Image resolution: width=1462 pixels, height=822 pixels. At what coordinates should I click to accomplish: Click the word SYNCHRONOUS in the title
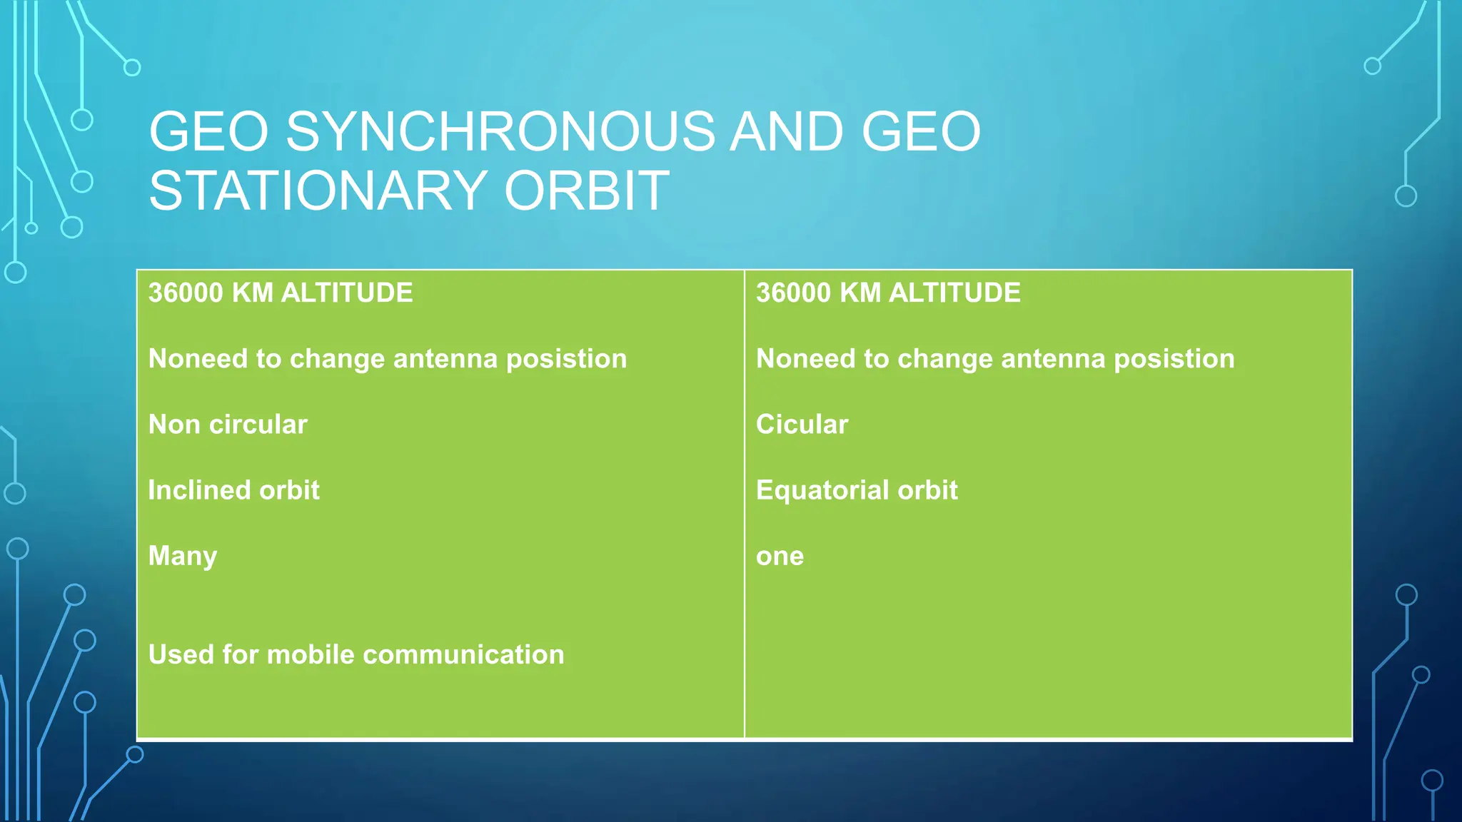(500, 132)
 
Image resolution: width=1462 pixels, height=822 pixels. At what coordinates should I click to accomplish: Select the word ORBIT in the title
(587, 191)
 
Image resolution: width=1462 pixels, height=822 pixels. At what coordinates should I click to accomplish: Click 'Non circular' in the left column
(228, 425)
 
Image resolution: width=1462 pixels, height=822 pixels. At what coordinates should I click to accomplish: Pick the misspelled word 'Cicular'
(802, 425)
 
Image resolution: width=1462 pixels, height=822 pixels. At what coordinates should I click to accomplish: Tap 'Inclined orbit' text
(233, 490)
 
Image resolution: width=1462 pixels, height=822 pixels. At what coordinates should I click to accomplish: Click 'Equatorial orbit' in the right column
(857, 490)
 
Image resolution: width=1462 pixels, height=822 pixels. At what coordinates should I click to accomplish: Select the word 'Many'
(183, 556)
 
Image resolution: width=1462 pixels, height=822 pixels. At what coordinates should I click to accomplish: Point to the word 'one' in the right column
(780, 557)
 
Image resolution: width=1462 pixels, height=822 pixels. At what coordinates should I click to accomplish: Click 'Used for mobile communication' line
(356, 654)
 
